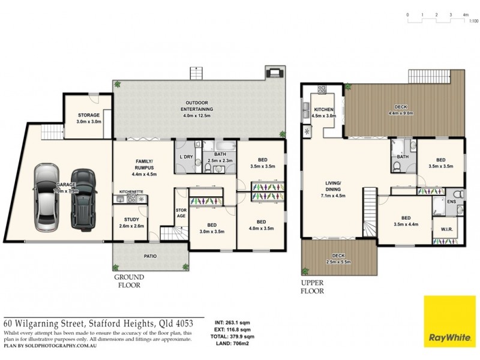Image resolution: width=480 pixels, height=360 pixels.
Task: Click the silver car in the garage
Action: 47,198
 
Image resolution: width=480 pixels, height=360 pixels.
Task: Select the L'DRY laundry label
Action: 186,157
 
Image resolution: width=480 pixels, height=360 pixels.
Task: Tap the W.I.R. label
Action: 446,228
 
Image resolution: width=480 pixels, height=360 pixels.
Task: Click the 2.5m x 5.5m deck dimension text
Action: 338,262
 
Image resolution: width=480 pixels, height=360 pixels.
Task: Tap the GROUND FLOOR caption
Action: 128,282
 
